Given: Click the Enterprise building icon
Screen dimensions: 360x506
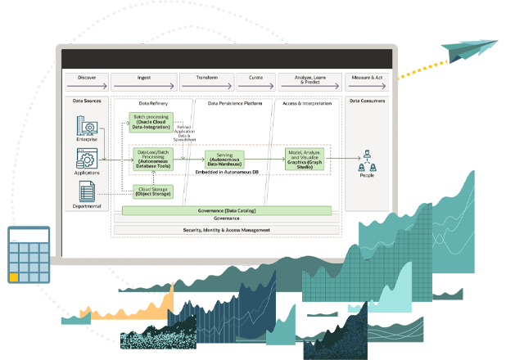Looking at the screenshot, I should pyautogui.click(x=86, y=126).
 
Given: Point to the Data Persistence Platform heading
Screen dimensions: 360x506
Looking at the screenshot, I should pyautogui.click(x=235, y=104).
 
